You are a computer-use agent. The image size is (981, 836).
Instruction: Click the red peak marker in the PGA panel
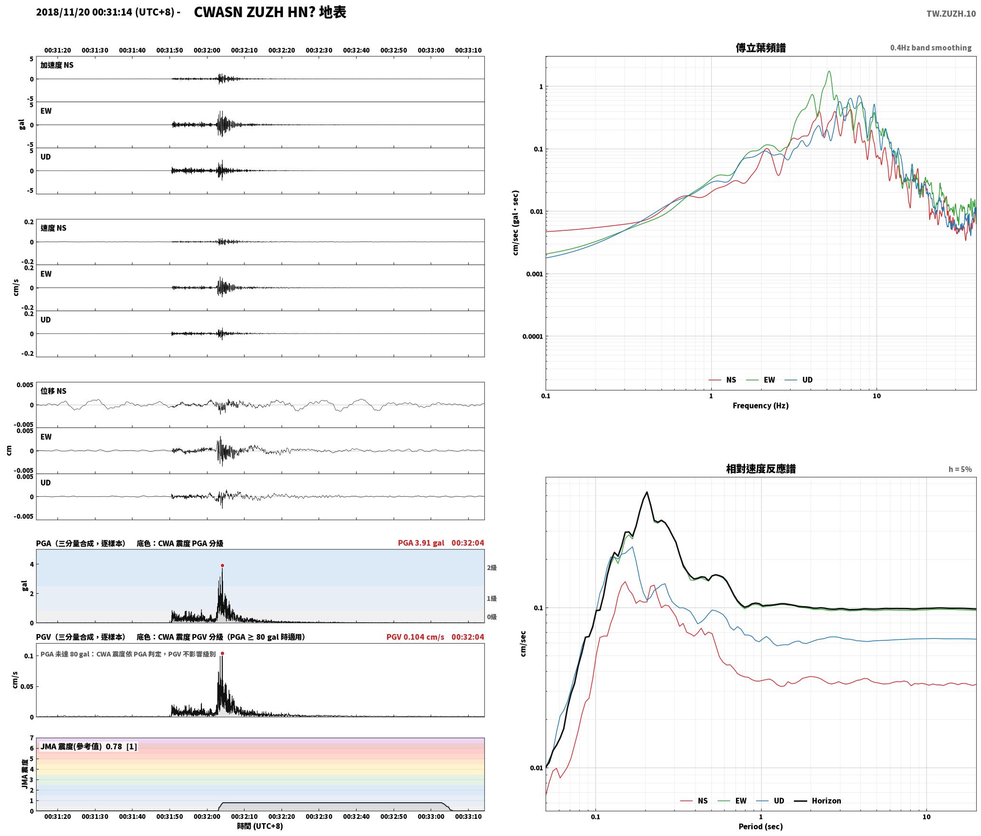pyautogui.click(x=222, y=565)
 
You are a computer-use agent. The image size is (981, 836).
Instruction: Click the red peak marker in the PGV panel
pyautogui.click(x=222, y=654)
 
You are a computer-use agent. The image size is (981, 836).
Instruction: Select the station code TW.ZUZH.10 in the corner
pyautogui.click(x=951, y=14)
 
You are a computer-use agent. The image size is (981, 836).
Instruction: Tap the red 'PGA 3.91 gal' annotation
pyautogui.click(x=421, y=543)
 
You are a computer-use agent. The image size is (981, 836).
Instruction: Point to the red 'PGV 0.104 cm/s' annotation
pyautogui.click(x=415, y=637)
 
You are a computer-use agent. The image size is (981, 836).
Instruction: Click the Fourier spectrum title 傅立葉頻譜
pyautogui.click(x=761, y=47)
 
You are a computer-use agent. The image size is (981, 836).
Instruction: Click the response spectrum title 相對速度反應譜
pyautogui.click(x=761, y=469)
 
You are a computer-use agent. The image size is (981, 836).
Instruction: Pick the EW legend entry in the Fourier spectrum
pyautogui.click(x=761, y=380)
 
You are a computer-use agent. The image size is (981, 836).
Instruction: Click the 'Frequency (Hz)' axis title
pyautogui.click(x=761, y=406)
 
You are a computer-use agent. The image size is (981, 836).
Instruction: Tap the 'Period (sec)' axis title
pyautogui.click(x=761, y=826)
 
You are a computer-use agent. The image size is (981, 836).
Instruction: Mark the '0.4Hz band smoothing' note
pyautogui.click(x=931, y=47)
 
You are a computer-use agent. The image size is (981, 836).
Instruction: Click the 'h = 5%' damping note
pyautogui.click(x=960, y=469)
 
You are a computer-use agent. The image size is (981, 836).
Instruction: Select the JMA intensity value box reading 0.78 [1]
pyautogui.click(x=89, y=747)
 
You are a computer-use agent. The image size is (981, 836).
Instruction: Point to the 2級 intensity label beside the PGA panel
pyautogui.click(x=491, y=568)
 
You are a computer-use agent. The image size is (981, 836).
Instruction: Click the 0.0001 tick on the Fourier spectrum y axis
pyautogui.click(x=532, y=337)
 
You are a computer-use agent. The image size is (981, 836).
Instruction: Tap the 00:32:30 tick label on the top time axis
pyautogui.click(x=319, y=50)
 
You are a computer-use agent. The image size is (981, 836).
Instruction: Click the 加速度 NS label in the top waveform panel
pyautogui.click(x=57, y=65)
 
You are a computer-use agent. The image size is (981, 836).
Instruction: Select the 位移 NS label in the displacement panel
pyautogui.click(x=53, y=391)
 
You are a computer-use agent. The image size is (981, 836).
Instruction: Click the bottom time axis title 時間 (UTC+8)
pyautogui.click(x=260, y=826)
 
